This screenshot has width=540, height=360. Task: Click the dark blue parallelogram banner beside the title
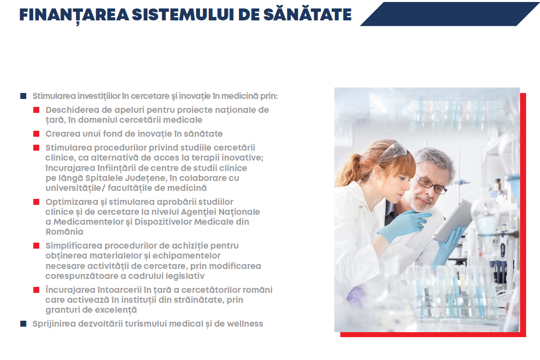pos(450,14)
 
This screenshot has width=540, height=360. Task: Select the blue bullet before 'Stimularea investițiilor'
pos(23,96)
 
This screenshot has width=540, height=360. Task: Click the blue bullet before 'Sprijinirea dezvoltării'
pos(23,323)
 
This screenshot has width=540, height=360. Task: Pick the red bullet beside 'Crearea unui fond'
pos(36,134)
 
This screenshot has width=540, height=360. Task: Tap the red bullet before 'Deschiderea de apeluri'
pos(36,110)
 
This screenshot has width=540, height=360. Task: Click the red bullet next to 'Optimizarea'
pos(36,202)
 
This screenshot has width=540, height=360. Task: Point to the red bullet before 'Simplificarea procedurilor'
pos(36,246)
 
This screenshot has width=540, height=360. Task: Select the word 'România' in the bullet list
pos(65,232)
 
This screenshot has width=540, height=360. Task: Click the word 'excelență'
pos(116,310)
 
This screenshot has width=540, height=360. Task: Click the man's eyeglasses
pos(432,184)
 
